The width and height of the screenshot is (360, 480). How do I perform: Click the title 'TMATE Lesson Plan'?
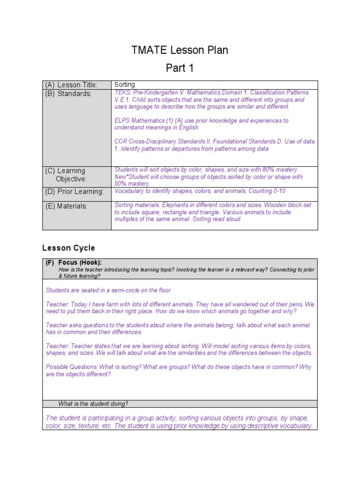point(180,50)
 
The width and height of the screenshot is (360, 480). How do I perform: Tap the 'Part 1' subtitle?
point(180,68)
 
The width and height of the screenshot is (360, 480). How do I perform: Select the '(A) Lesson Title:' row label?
point(71,85)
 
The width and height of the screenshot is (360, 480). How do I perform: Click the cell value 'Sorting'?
point(125,85)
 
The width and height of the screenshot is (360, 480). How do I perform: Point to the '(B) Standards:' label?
point(68,94)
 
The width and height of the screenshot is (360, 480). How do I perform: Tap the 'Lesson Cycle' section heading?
point(68,248)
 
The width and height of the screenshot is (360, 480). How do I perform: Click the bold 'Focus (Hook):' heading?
point(80,263)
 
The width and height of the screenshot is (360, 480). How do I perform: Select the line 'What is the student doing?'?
point(93,404)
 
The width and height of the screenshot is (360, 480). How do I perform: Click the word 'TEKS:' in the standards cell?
point(123,93)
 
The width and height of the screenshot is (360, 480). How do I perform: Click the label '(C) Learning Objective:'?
point(71,174)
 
